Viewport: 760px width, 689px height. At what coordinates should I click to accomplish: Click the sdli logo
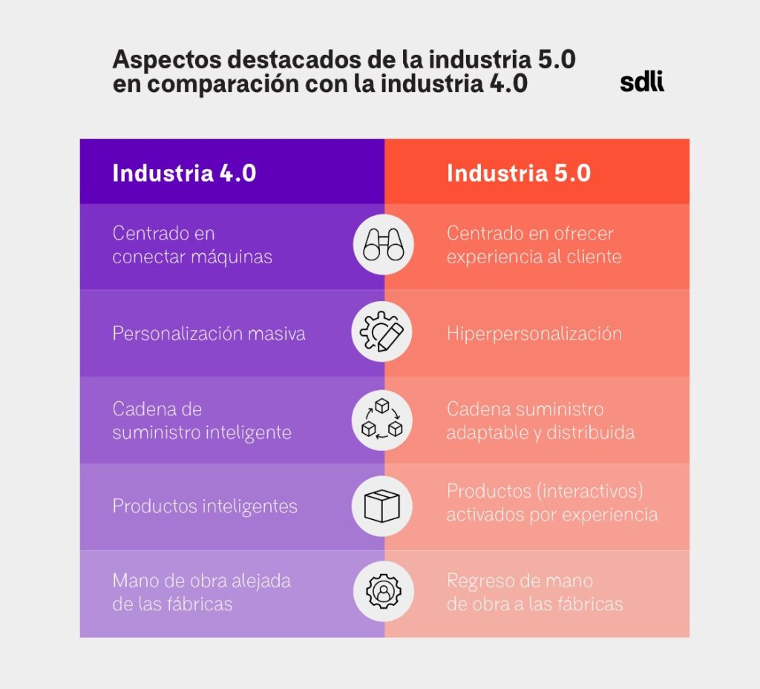click(x=642, y=82)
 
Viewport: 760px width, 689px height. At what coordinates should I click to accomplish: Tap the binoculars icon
click(x=383, y=245)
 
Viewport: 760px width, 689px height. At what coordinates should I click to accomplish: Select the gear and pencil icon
click(x=383, y=332)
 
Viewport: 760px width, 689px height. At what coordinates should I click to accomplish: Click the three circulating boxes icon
click(x=383, y=420)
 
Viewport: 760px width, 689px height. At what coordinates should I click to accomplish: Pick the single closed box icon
click(x=383, y=506)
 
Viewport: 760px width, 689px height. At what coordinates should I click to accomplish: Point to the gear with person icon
click(x=383, y=591)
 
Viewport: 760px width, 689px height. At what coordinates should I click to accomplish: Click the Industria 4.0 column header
click(x=184, y=173)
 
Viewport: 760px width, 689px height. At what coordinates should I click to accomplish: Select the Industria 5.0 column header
click(x=519, y=173)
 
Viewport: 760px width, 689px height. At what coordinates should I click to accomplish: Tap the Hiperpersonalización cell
click(x=534, y=333)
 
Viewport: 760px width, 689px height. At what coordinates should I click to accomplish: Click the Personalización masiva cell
click(x=209, y=333)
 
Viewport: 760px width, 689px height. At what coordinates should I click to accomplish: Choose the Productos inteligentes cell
click(x=205, y=506)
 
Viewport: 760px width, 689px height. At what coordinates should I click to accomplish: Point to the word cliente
click(x=595, y=257)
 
